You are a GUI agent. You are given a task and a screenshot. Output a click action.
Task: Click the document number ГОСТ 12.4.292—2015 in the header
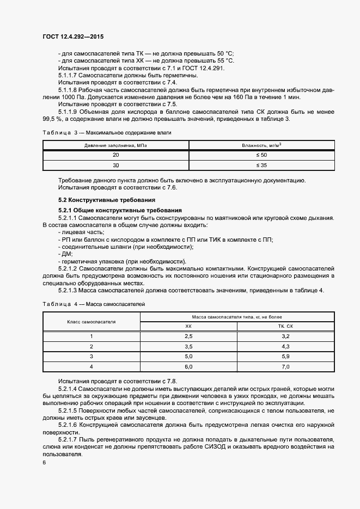pos(72,36)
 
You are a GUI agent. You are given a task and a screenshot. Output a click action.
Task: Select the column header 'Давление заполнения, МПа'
pos(115,145)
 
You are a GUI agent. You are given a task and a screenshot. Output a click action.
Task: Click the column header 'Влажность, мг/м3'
pos(262,145)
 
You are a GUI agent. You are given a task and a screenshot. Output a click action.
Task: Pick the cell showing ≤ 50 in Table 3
pos(262,155)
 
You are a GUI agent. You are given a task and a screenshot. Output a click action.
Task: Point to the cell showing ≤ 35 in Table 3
pos(262,165)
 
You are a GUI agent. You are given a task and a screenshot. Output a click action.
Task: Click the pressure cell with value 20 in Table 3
pos(115,155)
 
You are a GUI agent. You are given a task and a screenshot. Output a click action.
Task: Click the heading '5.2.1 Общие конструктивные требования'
pos(120,210)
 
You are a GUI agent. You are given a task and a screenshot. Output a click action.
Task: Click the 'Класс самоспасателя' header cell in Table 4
pos(91,322)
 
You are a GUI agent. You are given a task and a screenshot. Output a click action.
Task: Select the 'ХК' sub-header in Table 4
pos(188,326)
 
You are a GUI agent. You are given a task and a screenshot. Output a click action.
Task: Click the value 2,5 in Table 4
pos(188,336)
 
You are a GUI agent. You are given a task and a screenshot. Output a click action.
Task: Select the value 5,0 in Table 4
pos(188,357)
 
